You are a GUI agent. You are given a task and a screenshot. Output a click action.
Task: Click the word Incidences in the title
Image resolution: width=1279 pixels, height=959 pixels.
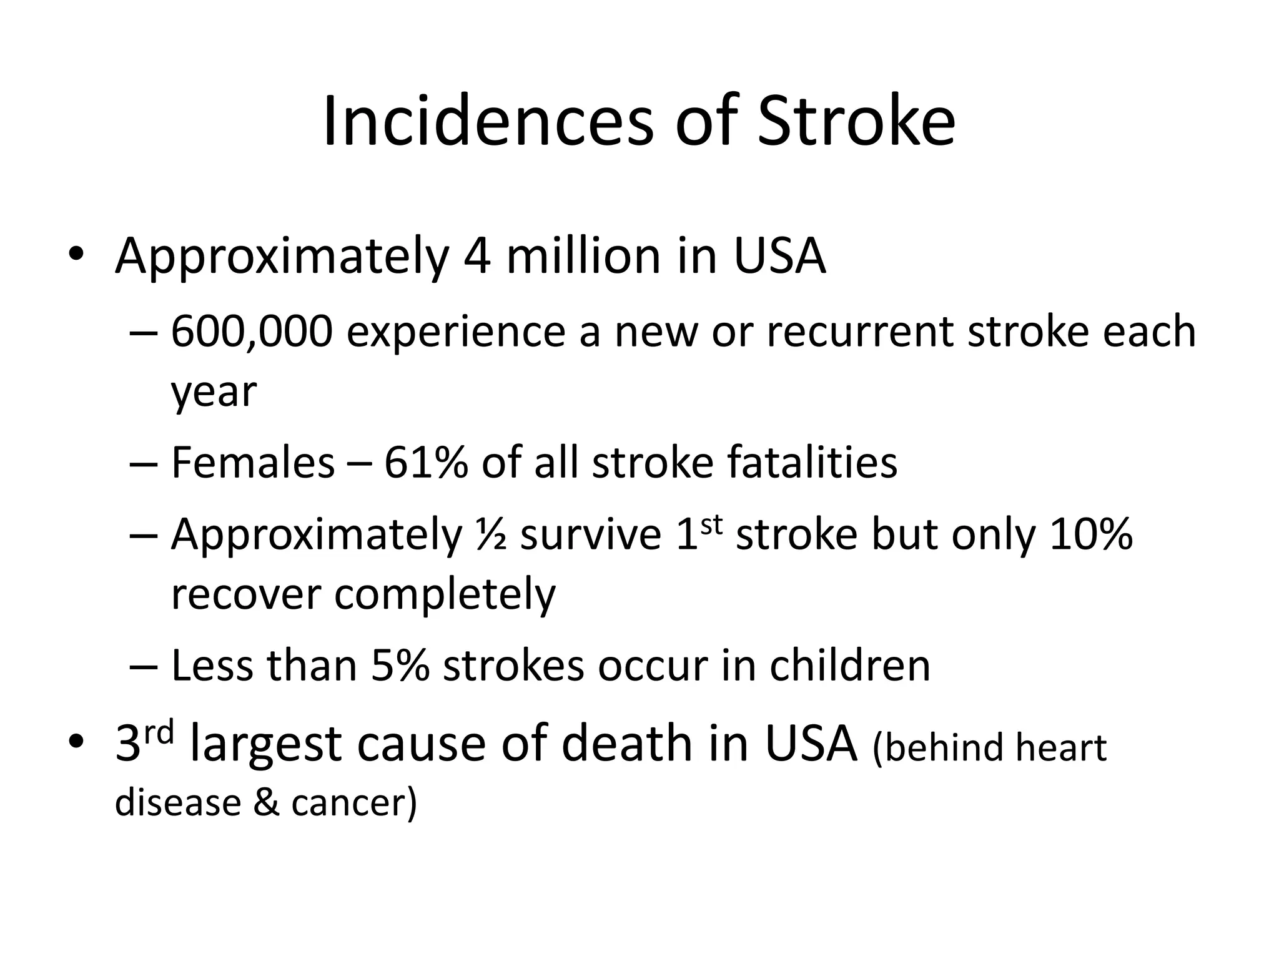(488, 122)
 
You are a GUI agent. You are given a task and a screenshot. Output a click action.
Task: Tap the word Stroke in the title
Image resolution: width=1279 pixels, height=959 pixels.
(856, 122)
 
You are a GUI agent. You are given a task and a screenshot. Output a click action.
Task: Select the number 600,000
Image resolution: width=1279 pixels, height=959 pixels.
(252, 332)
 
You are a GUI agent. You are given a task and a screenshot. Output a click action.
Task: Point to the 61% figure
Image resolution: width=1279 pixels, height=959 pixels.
(426, 463)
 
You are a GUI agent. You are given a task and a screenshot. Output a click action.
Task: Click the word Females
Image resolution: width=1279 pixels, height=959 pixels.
(253, 463)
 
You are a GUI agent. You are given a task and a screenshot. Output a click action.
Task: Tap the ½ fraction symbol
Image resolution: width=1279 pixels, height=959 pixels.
(491, 535)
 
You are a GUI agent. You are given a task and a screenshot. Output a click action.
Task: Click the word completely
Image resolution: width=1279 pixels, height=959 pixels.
(445, 594)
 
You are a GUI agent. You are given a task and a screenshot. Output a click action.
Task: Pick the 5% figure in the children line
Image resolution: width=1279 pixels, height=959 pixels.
(400, 666)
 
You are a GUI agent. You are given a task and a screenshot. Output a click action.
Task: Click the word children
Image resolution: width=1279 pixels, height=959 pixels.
(850, 666)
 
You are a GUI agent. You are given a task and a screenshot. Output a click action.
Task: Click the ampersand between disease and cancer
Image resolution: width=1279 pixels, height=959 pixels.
(266, 802)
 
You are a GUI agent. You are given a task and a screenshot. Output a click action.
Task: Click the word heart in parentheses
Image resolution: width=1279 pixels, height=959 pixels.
(1061, 747)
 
